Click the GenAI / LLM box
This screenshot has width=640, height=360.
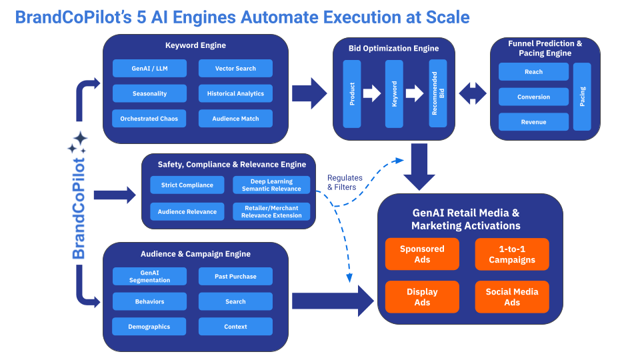[x=149, y=69]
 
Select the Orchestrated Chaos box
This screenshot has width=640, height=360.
[x=149, y=119]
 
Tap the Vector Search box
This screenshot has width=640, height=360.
[x=235, y=69]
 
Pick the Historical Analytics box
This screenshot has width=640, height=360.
[x=235, y=94]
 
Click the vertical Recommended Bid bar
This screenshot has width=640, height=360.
[x=438, y=94]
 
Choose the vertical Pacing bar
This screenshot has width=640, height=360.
[x=582, y=97]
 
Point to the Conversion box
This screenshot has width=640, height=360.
[x=533, y=97]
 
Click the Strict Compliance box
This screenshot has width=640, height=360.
[x=187, y=185]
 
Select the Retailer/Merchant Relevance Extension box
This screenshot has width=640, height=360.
[x=271, y=212]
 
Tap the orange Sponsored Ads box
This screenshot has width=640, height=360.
[x=422, y=254]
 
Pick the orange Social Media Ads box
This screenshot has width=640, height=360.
[x=512, y=297]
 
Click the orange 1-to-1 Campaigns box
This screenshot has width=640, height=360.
[x=512, y=254]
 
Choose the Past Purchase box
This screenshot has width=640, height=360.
[x=235, y=277]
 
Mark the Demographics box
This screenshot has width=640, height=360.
[x=149, y=327]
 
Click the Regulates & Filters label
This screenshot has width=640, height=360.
[x=345, y=182]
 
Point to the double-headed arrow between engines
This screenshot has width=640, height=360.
[x=473, y=93]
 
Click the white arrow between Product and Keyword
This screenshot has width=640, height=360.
[x=371, y=93]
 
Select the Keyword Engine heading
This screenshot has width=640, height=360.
[x=195, y=45]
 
